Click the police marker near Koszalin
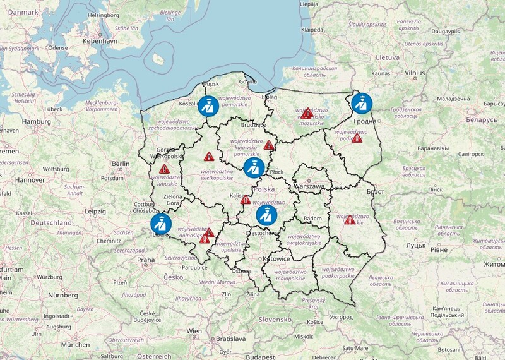coord(208,105)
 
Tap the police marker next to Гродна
coord(362,102)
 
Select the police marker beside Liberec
coord(160,224)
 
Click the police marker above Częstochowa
coord(265,215)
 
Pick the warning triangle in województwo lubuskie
coord(165,169)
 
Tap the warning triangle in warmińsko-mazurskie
coord(307,114)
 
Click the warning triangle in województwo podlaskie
coord(357,138)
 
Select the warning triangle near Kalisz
coord(246,200)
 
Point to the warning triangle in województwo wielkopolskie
coord(210,155)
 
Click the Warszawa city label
coord(309,187)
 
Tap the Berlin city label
coord(120,164)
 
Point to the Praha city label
coord(146,260)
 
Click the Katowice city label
coord(276,259)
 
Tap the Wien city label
coord(194,331)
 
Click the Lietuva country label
coord(389,57)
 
